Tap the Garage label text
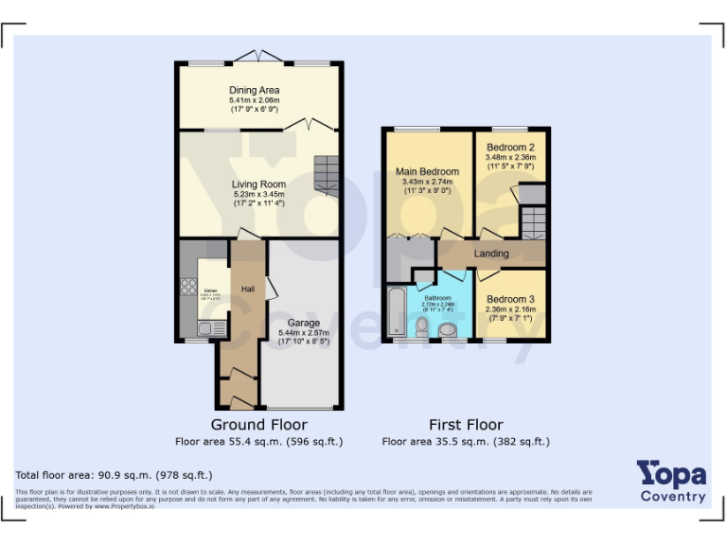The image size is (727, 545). coord(304,323)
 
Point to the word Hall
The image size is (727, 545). coord(248,289)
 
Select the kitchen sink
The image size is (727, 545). coord(205,328)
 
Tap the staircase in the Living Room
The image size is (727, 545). coord(327,175)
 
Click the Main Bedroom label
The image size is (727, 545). coord(427,171)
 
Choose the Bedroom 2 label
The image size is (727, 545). coord(510,148)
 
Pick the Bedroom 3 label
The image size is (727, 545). coord(510,299)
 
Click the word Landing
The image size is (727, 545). coord(491,254)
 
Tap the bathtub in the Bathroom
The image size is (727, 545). coord(396,313)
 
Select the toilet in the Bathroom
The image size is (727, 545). coord(422,326)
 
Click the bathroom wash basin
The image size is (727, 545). coord(448,329)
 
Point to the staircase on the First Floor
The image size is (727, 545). coord(533,223)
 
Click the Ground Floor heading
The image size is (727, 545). coord(258,425)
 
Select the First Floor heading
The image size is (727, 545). coord(466,425)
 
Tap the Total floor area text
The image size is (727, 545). coord(115,475)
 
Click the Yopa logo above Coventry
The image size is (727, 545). coord(671,474)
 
